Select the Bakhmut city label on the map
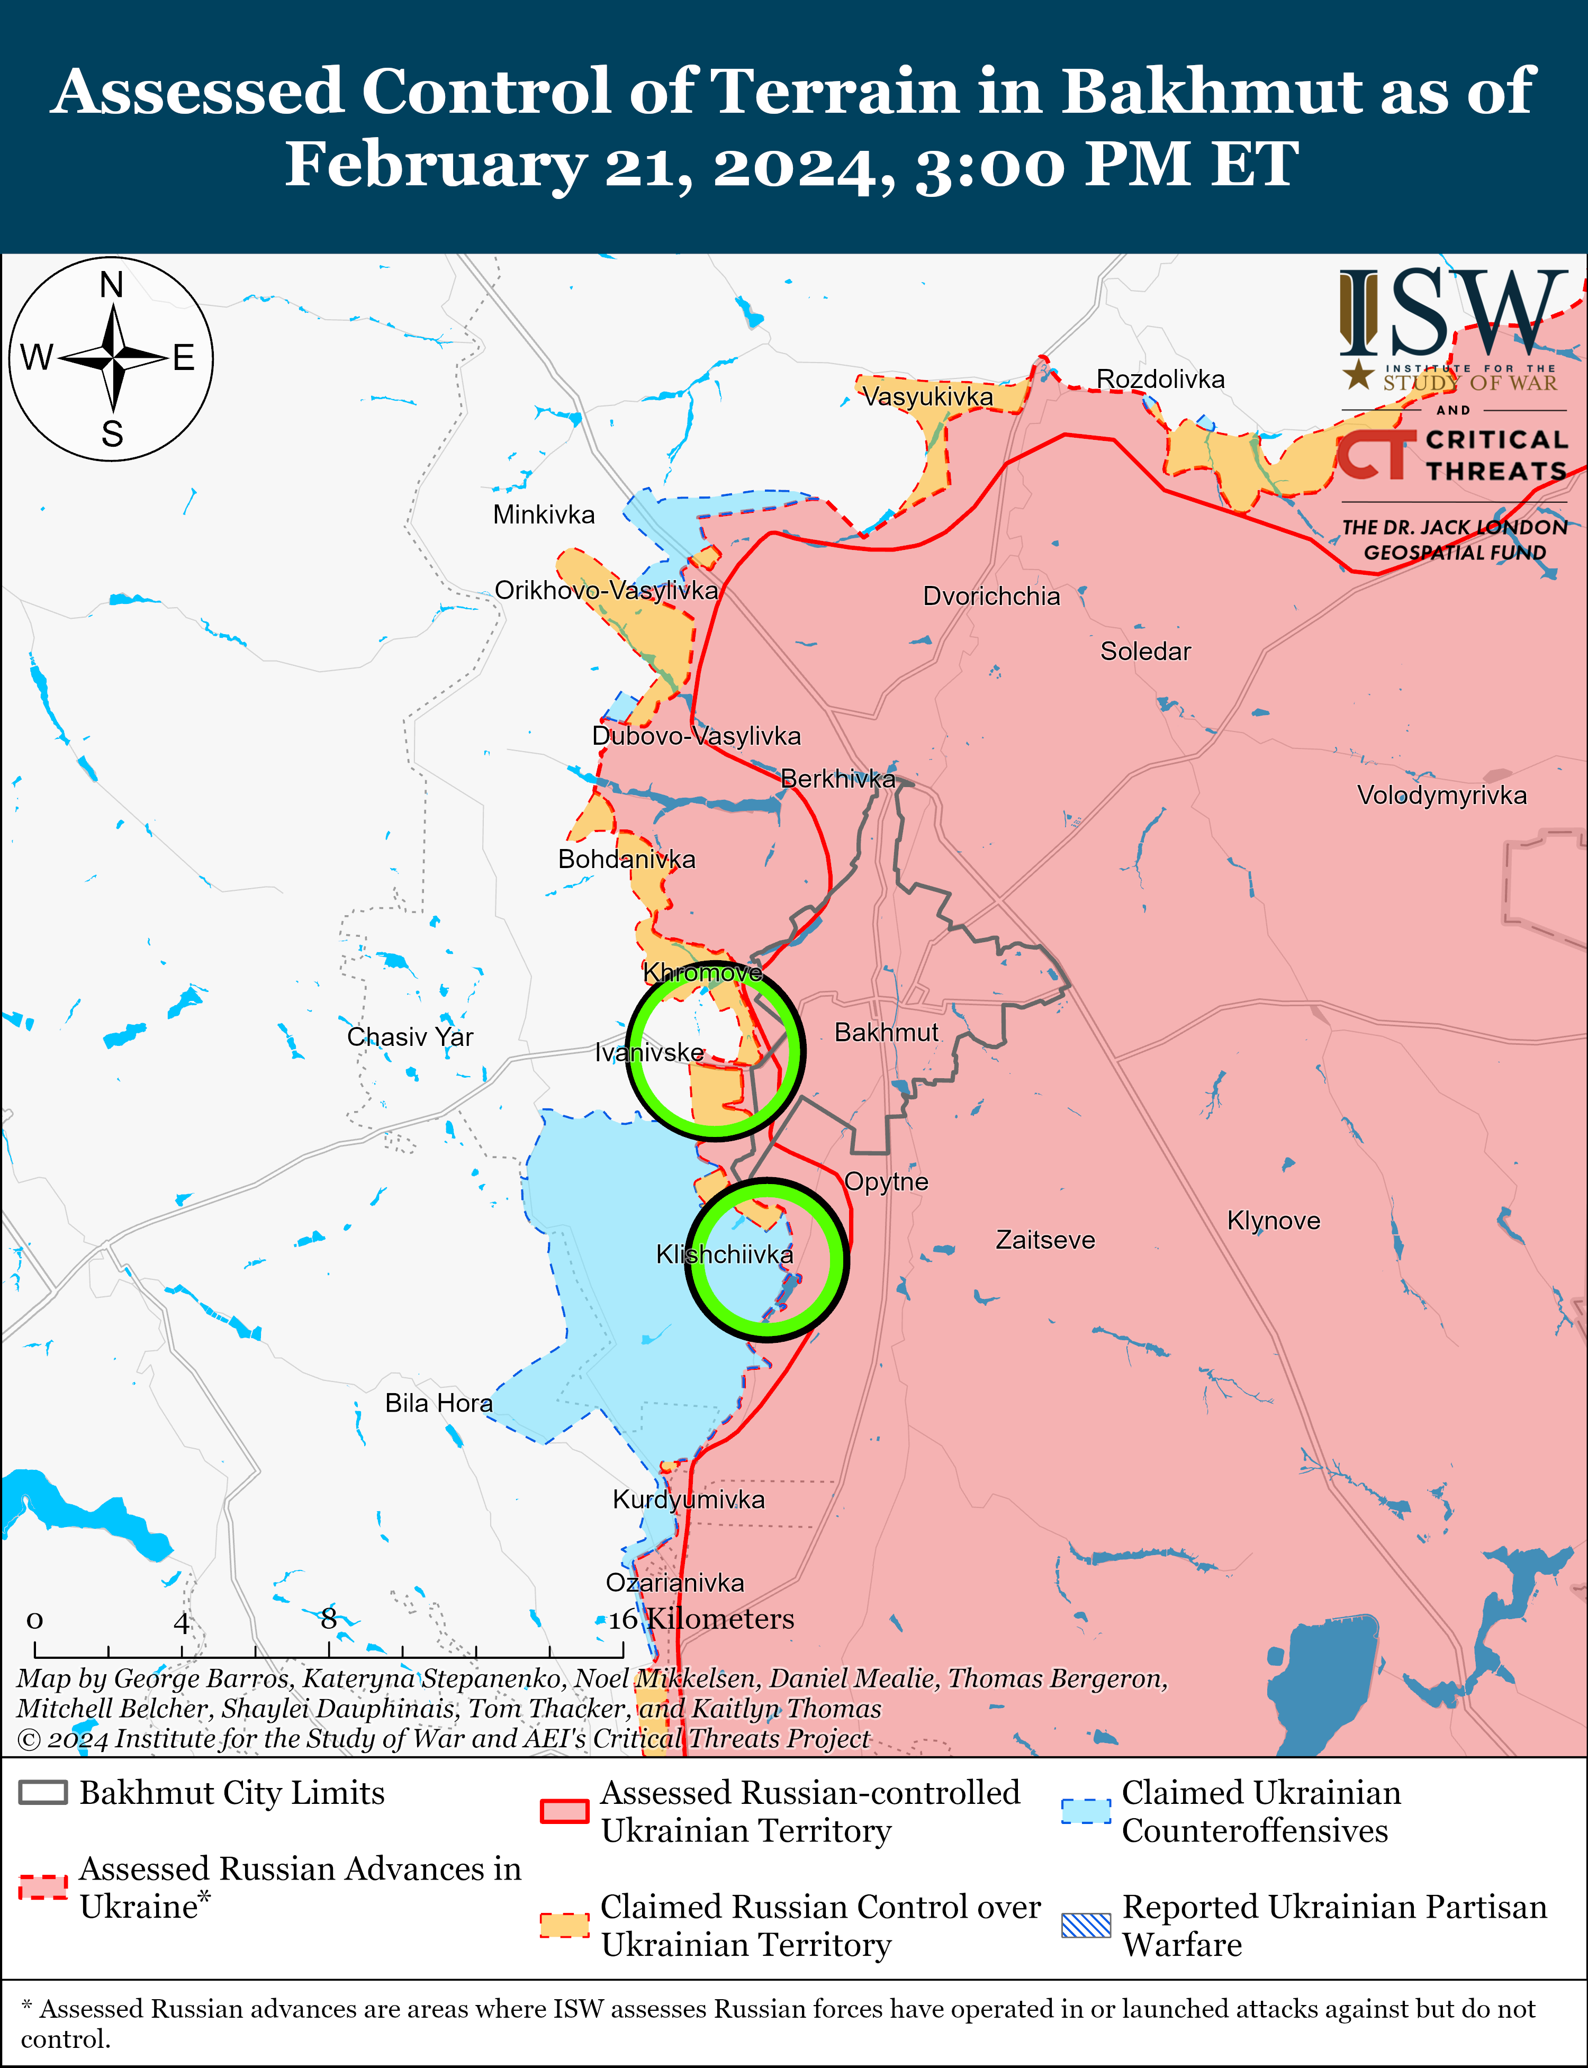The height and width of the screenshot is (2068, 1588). pos(886,1032)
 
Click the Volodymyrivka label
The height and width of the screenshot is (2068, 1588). pos(1441,795)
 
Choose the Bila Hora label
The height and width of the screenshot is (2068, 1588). pos(439,1403)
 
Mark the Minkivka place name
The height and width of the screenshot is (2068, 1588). pos(544,515)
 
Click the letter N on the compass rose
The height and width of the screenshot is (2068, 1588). pos(112,284)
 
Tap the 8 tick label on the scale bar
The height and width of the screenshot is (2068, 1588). pos(328,1619)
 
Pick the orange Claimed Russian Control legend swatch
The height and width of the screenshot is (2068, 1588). pos(564,1925)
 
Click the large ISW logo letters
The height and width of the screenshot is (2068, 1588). pos(1451,312)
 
